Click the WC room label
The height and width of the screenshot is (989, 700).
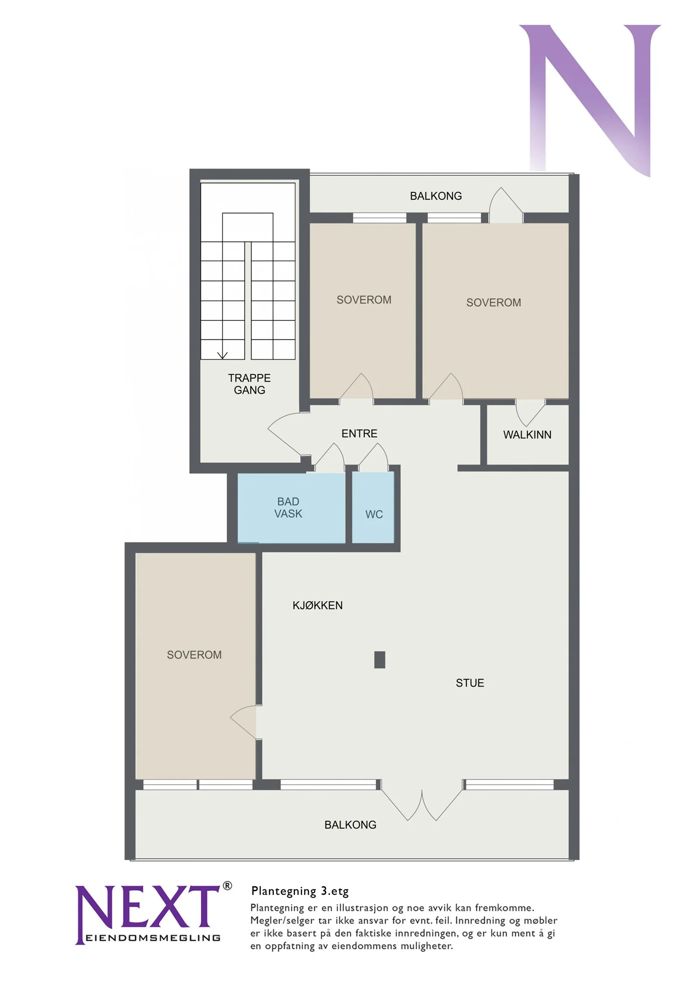click(374, 514)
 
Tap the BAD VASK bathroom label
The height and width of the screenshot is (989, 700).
click(288, 507)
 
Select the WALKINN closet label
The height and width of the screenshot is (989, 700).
click(527, 435)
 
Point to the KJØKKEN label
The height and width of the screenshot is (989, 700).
click(318, 605)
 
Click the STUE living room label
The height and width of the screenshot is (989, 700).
click(470, 683)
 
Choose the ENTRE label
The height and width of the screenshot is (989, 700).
click(359, 434)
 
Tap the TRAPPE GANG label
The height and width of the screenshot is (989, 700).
click(249, 384)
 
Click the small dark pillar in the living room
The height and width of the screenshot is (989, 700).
click(380, 659)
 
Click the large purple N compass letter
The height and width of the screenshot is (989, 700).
click(590, 101)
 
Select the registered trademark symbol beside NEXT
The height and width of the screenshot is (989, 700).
click(227, 886)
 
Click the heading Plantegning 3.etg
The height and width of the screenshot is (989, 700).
click(300, 892)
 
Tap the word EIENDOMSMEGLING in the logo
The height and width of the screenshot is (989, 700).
click(153, 938)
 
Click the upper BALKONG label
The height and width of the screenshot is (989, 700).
click(436, 196)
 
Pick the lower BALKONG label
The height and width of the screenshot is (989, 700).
click(350, 825)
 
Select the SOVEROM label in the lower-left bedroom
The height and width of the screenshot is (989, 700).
click(194, 655)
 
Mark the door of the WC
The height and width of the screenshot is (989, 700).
click(373, 457)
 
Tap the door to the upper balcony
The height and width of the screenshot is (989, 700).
click(506, 205)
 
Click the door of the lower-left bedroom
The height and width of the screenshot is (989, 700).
click(243, 722)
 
